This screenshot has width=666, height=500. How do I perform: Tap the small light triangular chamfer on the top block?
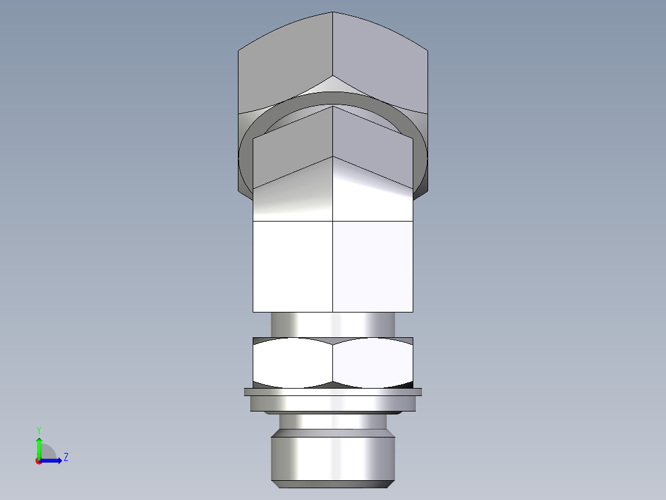click(333, 85)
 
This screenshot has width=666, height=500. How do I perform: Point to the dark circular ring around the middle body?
click(247, 155)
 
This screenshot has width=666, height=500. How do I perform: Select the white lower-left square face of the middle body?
click(293, 266)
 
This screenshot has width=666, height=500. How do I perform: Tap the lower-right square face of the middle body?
click(373, 266)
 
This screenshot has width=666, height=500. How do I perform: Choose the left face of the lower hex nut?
click(293, 362)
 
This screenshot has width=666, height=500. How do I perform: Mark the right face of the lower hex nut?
click(373, 362)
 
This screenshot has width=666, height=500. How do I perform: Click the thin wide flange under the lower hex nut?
click(333, 392)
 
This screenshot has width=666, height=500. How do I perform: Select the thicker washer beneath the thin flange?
click(333, 403)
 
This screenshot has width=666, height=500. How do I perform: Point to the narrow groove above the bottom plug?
click(333, 422)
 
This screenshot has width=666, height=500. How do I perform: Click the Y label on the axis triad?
click(38, 429)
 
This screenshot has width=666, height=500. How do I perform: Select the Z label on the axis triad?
click(65, 457)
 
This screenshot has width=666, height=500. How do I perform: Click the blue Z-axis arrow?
click(53, 460)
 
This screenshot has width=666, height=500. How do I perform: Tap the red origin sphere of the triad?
click(38, 461)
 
